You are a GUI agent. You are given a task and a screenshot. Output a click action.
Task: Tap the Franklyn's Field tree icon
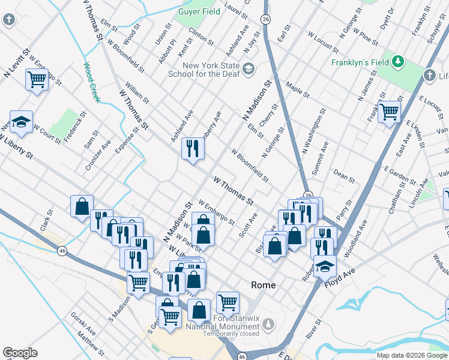(x=397, y=61)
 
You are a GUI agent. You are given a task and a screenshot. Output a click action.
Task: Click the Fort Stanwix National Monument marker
(x=269, y=325)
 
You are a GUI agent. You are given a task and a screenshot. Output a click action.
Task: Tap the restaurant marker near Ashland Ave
(x=193, y=148)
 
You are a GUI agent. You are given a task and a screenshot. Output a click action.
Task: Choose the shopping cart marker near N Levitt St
(x=37, y=79)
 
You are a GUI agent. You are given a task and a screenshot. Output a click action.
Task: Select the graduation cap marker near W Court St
(x=21, y=122)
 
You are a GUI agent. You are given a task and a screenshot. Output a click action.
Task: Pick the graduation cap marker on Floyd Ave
(x=325, y=266)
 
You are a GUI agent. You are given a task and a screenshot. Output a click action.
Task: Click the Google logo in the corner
(x=20, y=353)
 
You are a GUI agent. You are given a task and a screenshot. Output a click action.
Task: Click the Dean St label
(x=344, y=176)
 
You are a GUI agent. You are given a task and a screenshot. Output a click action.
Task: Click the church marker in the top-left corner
(x=9, y=19)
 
